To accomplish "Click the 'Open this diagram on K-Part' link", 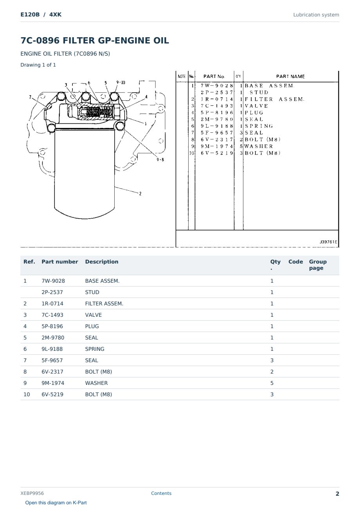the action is click(56, 502).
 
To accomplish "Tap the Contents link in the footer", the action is click(161, 493).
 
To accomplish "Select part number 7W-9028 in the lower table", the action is click(53, 281).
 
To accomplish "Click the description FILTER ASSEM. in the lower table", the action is click(104, 303).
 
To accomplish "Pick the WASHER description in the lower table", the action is click(96, 383).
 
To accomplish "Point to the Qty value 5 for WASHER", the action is click(272, 383).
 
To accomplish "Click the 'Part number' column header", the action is click(60, 262).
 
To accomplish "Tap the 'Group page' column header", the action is click(318, 265).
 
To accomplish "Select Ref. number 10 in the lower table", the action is click(27, 395).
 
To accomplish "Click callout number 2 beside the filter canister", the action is click(140, 193).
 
